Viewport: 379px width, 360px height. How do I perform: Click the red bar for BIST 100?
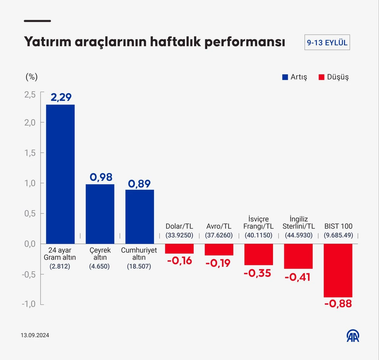pyautogui.click(x=338, y=270)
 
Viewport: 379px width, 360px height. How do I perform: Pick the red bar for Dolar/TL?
pyautogui.click(x=179, y=249)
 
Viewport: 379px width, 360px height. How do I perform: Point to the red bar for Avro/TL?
pyautogui.click(x=219, y=250)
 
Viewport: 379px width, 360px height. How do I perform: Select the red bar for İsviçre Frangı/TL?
pyautogui.click(x=258, y=254)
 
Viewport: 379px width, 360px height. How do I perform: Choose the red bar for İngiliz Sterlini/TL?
pyautogui.click(x=298, y=256)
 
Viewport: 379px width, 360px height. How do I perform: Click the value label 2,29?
pyautogui.click(x=61, y=97)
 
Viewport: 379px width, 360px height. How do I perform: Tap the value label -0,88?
pyautogui.click(x=338, y=304)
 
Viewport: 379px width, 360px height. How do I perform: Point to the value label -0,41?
pyautogui.click(x=297, y=277)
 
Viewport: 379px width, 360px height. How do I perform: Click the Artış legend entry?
pyautogui.click(x=295, y=77)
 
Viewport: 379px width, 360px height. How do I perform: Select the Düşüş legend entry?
pyautogui.click(x=334, y=77)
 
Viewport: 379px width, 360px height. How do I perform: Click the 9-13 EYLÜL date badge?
pyautogui.click(x=327, y=43)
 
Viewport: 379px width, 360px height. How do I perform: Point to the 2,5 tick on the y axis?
pyautogui.click(x=30, y=95)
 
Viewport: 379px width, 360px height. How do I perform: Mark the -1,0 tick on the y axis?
pyautogui.click(x=29, y=304)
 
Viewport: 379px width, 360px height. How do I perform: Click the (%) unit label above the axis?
pyautogui.click(x=32, y=77)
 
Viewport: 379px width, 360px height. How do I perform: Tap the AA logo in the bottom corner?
pyautogui.click(x=353, y=336)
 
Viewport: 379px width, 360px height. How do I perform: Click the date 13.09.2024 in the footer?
pyautogui.click(x=35, y=335)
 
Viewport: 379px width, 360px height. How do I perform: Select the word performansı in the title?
pyautogui.click(x=245, y=42)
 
